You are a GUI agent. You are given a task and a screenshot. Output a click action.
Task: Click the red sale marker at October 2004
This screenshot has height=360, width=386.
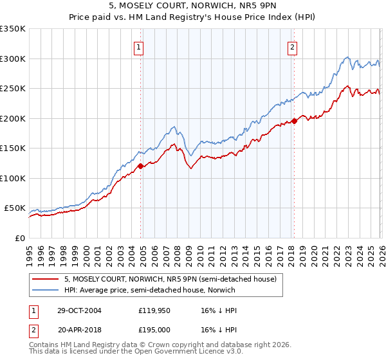pyautogui.click(x=140, y=166)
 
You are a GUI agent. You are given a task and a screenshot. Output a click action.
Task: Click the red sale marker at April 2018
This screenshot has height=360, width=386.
pyautogui.click(x=294, y=121)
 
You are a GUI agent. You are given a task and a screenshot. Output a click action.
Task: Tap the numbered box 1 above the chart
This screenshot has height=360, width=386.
pyautogui.click(x=139, y=46)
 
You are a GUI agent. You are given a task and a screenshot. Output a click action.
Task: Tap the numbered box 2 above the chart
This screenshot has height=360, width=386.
pyautogui.click(x=293, y=46)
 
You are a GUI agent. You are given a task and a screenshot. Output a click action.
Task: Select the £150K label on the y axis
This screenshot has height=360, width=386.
pyautogui.click(x=13, y=148)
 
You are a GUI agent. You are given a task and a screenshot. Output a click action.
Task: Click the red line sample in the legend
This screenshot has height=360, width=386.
pyautogui.click(x=46, y=279)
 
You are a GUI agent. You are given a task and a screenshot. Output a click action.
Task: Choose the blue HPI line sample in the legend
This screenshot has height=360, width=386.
pyautogui.click(x=46, y=290)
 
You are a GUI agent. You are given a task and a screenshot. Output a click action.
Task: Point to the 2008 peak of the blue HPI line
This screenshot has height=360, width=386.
pyautogui.click(x=174, y=127)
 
